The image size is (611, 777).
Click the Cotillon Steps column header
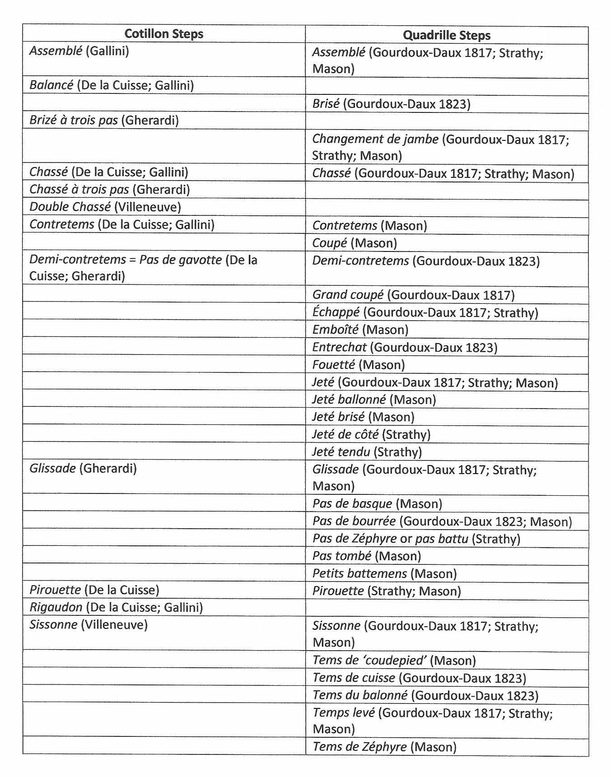164,34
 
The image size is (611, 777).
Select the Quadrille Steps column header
446,35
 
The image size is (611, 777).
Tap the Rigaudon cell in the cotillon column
116,607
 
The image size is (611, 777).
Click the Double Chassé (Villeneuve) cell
105,207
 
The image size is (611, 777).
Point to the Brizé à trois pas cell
104,120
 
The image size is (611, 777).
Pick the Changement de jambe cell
440,147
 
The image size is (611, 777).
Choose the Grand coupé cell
413,295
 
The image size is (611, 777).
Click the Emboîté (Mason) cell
360,330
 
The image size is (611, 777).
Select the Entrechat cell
405,347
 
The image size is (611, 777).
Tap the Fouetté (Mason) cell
358,365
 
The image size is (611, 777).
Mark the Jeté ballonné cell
374,400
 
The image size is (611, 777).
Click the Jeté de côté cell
371,434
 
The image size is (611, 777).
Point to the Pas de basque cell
377,504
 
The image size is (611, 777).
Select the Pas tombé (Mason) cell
366,556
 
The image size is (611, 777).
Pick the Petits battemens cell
384,573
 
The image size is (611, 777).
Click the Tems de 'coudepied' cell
394,661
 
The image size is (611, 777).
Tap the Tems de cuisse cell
419,678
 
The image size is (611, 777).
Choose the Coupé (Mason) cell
354,243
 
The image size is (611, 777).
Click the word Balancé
51,85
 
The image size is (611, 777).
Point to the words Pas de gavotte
181,260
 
